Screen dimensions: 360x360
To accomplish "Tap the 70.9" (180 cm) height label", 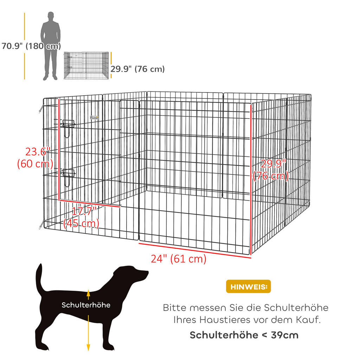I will (31, 46).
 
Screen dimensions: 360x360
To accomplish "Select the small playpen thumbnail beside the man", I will (86, 65).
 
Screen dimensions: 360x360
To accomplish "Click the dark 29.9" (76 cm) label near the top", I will (138, 69).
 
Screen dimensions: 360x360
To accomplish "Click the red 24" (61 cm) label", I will (178, 259).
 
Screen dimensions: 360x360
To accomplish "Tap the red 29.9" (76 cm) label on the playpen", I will (271, 170).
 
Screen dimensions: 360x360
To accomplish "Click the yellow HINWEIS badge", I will (248, 287).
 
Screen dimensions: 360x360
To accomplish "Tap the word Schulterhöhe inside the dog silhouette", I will (86, 305).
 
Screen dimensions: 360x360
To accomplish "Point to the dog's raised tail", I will (39, 278).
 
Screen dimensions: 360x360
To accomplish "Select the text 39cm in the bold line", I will (285, 335).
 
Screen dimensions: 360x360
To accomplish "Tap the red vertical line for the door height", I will (59, 149).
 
